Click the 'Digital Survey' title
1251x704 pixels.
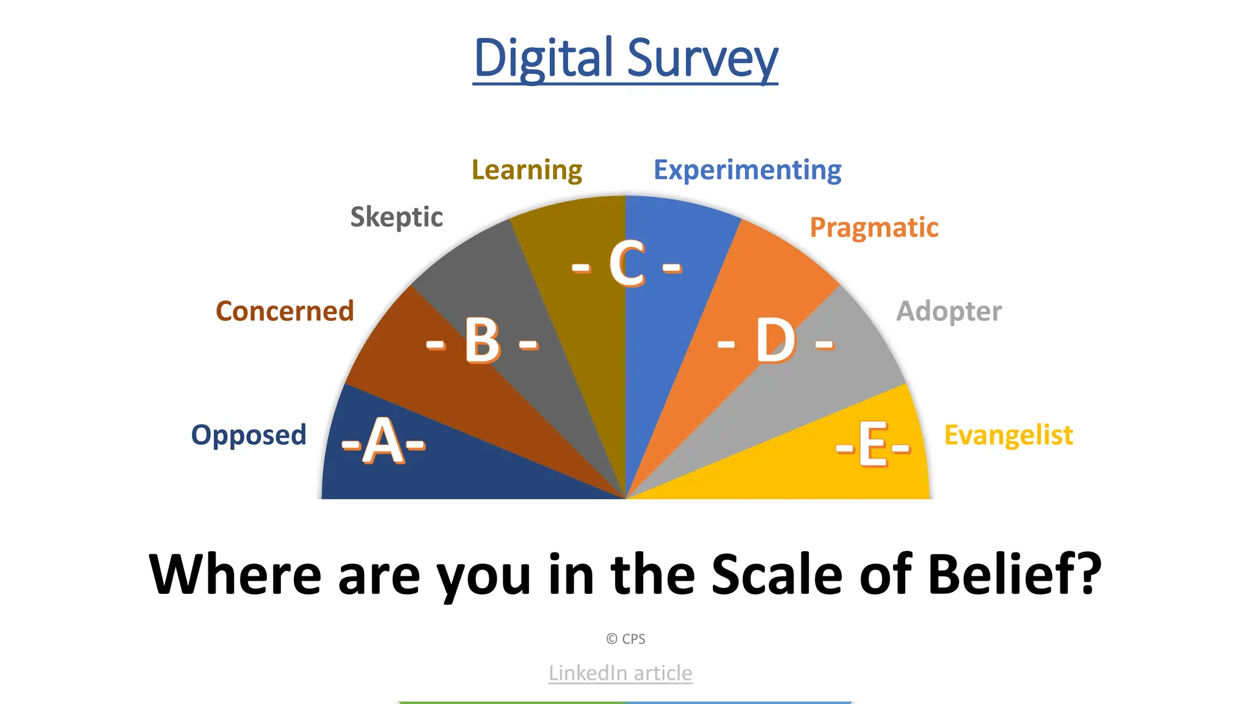coord(625,58)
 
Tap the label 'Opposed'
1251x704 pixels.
coord(249,435)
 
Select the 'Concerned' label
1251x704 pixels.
coord(285,311)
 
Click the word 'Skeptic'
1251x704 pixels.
coord(396,217)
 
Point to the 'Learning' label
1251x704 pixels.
coord(527,170)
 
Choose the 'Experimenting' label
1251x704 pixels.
coord(747,170)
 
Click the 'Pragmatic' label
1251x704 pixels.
coord(874,227)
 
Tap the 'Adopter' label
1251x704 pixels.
coord(949,311)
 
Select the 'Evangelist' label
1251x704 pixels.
coord(1008,435)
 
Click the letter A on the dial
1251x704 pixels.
coord(384,441)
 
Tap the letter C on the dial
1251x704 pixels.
coord(627,264)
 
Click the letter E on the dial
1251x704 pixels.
coord(873,445)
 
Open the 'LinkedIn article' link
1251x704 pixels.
coord(620,673)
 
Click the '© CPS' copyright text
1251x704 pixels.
coord(625,639)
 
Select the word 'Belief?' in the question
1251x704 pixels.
coord(1014,574)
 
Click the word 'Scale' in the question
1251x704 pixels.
coord(777,574)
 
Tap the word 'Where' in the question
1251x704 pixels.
coord(235,574)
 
